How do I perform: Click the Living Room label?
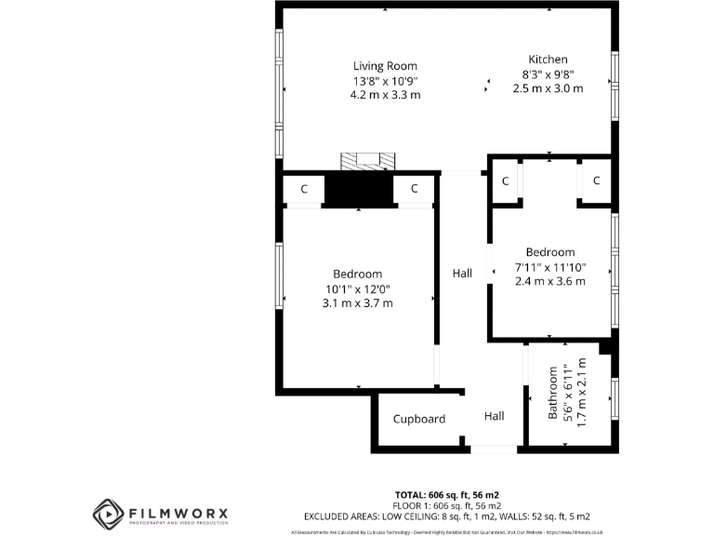point(385,66)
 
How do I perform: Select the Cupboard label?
point(418,420)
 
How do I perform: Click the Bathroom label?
point(553,392)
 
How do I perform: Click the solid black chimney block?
point(359,190)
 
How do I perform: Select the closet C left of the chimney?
point(304,190)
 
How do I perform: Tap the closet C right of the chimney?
point(414,190)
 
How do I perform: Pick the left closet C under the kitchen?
point(506,181)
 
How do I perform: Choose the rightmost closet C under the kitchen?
point(597,181)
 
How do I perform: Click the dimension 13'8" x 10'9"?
point(385,81)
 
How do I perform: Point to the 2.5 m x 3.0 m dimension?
point(548,89)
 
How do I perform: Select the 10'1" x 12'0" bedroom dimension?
point(358,288)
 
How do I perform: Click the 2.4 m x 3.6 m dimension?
point(549,282)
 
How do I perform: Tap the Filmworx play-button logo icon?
point(109,514)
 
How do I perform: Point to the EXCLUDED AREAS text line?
point(447,516)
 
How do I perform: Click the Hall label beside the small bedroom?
point(462,274)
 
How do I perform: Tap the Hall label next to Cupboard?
point(494,417)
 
